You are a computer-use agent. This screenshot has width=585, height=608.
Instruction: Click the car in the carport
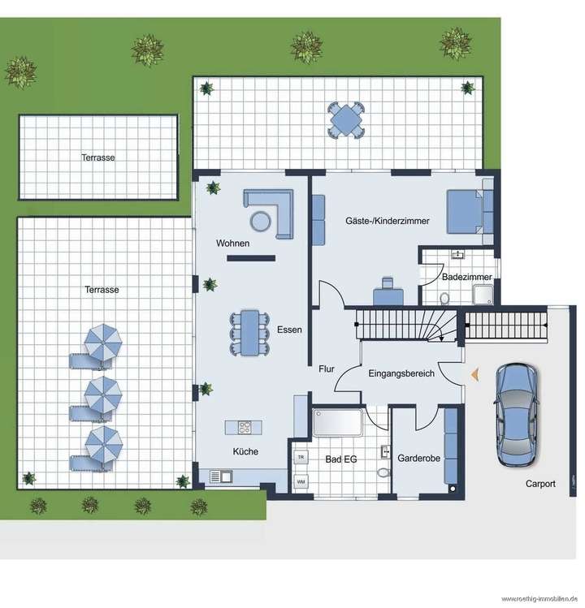click(x=516, y=415)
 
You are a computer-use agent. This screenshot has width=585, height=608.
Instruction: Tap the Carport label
click(x=540, y=484)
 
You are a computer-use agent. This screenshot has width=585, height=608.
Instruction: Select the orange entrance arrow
click(x=474, y=373)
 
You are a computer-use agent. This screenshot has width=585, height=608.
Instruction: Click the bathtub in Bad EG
click(x=339, y=423)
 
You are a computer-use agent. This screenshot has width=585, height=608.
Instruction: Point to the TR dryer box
click(x=301, y=457)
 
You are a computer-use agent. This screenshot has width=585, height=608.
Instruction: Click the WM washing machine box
click(x=301, y=482)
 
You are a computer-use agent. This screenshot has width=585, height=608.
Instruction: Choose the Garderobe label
click(x=418, y=459)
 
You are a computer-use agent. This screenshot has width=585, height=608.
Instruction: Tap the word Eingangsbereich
click(x=401, y=374)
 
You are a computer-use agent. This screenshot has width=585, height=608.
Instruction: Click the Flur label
click(x=326, y=368)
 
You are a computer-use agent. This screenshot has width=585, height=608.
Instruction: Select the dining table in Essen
click(x=249, y=332)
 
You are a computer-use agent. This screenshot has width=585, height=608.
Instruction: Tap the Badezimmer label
click(x=464, y=277)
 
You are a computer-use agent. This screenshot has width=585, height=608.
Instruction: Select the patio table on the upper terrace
click(x=347, y=120)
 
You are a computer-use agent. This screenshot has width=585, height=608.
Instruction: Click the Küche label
click(x=245, y=451)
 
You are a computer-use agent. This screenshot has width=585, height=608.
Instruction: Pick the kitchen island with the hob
click(x=242, y=427)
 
